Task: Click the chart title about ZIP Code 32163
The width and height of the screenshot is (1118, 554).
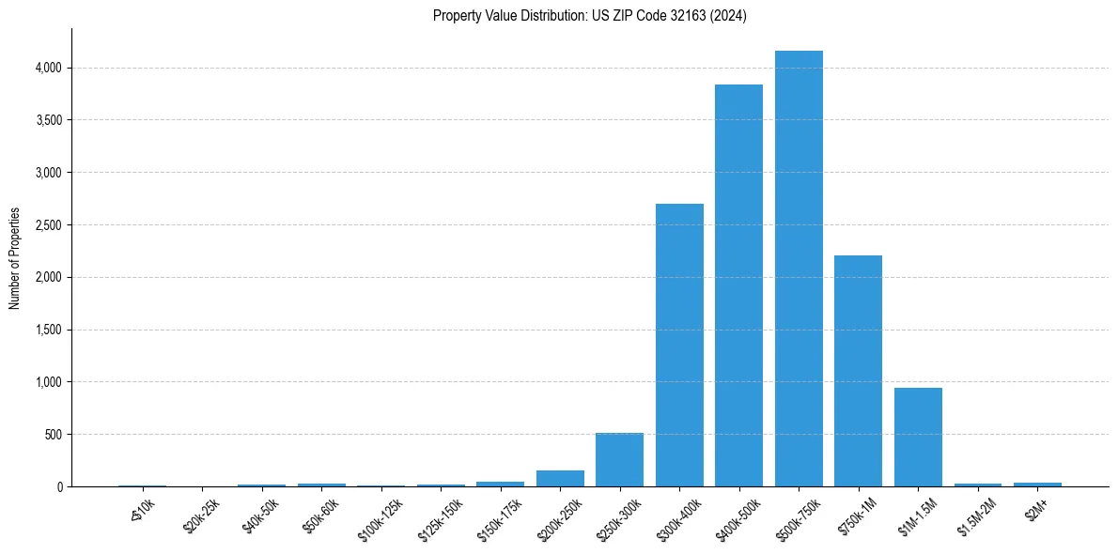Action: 589,16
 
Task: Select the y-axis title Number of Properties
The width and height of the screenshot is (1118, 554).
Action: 15,258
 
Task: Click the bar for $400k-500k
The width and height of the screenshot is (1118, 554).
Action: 738,285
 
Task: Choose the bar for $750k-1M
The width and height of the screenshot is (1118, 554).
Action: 858,371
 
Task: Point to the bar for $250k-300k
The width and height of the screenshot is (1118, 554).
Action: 619,460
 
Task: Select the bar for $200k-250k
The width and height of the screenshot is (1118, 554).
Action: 560,478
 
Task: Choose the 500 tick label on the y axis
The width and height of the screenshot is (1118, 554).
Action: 54,435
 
